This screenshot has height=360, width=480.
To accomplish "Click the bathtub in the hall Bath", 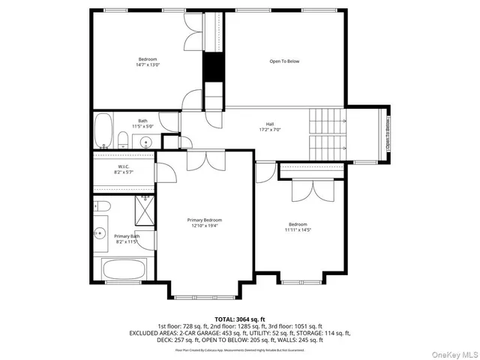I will pyautogui.click(x=103, y=131).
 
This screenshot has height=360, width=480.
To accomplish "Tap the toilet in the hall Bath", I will pyautogui.click(x=122, y=139).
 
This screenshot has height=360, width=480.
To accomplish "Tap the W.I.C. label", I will pyautogui.click(x=124, y=166).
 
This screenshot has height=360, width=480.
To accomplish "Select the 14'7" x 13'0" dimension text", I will pyautogui.click(x=148, y=65).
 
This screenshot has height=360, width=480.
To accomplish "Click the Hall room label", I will pyautogui.click(x=269, y=124).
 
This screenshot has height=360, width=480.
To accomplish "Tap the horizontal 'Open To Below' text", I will pyautogui.click(x=284, y=61).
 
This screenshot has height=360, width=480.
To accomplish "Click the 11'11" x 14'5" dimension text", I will pyautogui.click(x=298, y=230).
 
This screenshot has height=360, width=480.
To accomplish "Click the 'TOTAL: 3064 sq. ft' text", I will pyautogui.click(x=240, y=319).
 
